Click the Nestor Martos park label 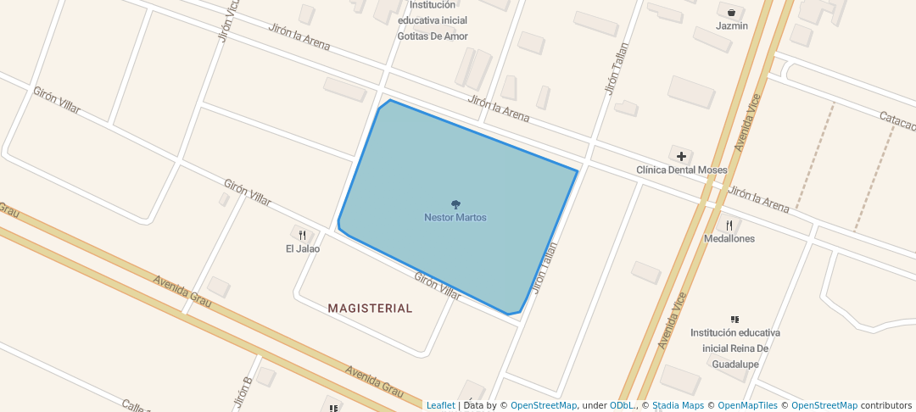pos(455,218)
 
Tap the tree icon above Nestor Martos pos(455,204)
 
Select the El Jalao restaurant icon pos(302,234)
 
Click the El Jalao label pos(303,249)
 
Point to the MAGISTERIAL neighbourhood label pos(370,309)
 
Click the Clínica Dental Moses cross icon pos(681,156)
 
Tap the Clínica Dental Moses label pos(681,170)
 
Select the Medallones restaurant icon pos(729,225)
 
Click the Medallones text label pos(729,239)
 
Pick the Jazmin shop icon pos(731,13)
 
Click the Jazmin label pos(732,26)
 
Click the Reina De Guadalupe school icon pos(734,320)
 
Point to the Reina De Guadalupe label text pos(734,348)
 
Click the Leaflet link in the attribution pos(440,406)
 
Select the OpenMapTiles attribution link pos(743,406)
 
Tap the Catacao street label pos(897,122)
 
